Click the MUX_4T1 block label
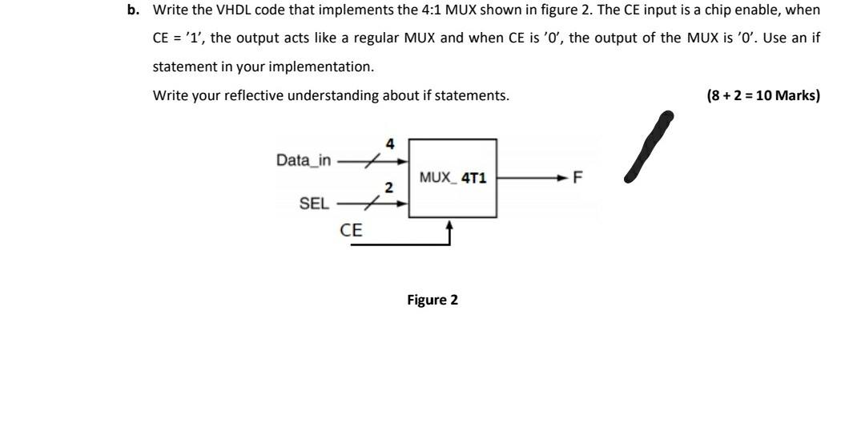click(x=453, y=178)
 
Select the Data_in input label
click(x=303, y=159)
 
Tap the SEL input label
click(x=313, y=204)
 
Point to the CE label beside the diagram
click(x=351, y=230)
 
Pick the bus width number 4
click(x=390, y=144)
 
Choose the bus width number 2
click(x=388, y=188)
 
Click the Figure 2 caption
click(x=432, y=300)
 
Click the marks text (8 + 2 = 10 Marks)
click(x=763, y=95)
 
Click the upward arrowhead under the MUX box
click(x=449, y=228)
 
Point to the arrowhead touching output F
click(x=566, y=178)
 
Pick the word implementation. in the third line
click(x=329, y=67)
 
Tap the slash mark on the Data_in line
click(x=368, y=161)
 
